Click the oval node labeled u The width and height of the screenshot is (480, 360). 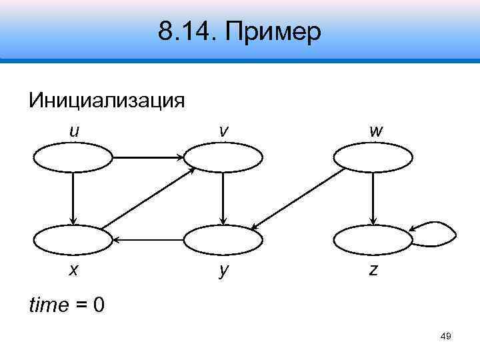73,158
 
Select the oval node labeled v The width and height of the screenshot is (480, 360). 223,158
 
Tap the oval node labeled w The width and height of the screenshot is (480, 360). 373,158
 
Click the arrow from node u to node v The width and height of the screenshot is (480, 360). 148,158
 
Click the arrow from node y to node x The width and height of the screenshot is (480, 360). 148,239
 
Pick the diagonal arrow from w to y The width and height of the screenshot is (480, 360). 298,198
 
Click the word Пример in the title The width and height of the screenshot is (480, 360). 275,31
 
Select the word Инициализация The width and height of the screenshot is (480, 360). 107,101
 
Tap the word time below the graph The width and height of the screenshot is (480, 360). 49,305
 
